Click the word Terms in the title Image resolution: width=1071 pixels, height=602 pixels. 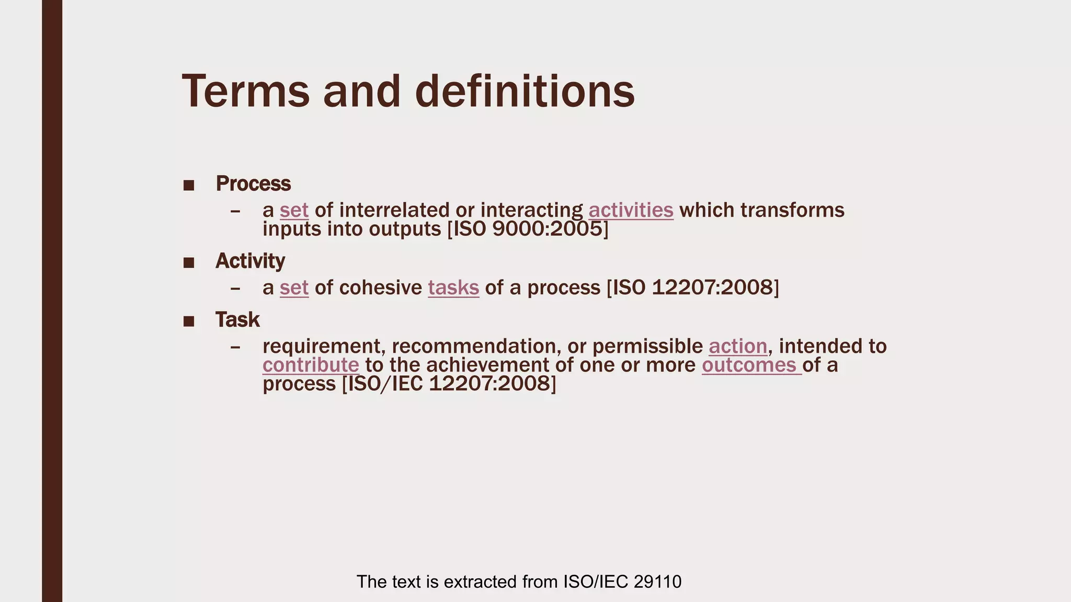(x=245, y=91)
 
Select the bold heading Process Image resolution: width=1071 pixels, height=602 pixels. (x=253, y=183)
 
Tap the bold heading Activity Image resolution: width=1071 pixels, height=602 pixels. (x=250, y=261)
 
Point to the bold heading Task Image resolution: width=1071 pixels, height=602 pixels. (x=237, y=319)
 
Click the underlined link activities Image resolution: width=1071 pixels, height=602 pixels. (x=631, y=210)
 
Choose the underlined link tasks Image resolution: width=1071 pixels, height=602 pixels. (x=453, y=288)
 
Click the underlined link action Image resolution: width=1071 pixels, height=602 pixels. (x=738, y=346)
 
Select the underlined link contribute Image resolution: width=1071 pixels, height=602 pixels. (x=311, y=365)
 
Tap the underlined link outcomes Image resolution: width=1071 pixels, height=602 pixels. (x=749, y=365)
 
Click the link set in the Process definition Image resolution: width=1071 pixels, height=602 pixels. (x=294, y=210)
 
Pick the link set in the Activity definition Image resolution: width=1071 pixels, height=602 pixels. (x=294, y=288)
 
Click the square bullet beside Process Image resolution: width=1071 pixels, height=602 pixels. (x=189, y=185)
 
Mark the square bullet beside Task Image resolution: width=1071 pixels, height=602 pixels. (x=189, y=321)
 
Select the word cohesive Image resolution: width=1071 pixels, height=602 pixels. (x=380, y=288)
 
